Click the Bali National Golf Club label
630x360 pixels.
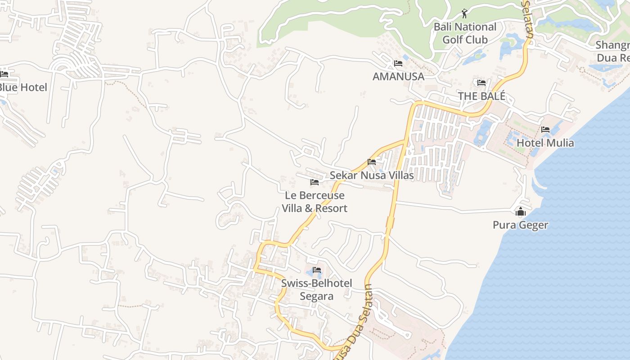click(x=465, y=33)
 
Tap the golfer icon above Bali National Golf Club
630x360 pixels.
click(x=465, y=13)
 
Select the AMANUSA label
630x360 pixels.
click(x=398, y=76)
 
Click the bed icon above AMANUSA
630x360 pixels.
click(x=398, y=63)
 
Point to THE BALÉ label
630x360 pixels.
click(x=481, y=96)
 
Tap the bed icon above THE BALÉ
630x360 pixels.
click(x=481, y=83)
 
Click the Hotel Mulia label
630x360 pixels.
click(x=545, y=143)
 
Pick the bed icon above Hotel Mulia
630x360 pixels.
click(x=545, y=130)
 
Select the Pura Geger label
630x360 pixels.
click(x=520, y=225)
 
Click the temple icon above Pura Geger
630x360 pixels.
click(x=521, y=211)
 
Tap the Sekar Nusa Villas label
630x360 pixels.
click(x=372, y=175)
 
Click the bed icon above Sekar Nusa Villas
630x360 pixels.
click(x=372, y=162)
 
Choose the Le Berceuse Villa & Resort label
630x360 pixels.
click(x=315, y=202)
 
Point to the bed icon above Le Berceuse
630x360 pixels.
click(x=315, y=182)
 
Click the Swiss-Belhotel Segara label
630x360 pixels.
click(x=317, y=289)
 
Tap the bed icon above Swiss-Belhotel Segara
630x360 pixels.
click(x=317, y=270)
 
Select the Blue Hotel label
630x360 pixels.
click(x=22, y=87)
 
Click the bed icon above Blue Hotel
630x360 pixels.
click(x=4, y=74)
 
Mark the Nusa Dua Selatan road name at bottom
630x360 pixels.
click(x=354, y=323)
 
